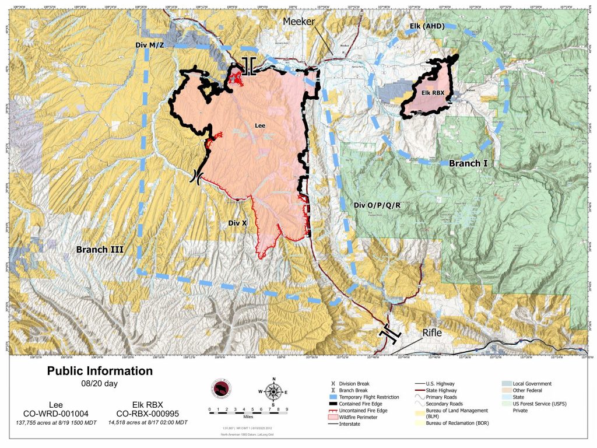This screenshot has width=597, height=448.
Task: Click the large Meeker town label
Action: tap(299, 22)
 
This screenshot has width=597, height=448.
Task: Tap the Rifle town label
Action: tap(433, 332)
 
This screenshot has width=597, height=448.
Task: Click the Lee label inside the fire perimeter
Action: tap(261, 125)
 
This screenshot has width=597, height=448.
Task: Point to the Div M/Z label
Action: tap(145, 44)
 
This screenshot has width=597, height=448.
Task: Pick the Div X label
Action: tap(238, 223)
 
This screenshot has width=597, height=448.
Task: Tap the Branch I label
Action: tap(468, 164)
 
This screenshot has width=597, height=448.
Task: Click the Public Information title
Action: tap(100, 371)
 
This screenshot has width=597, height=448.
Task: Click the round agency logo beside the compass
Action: tap(220, 390)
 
